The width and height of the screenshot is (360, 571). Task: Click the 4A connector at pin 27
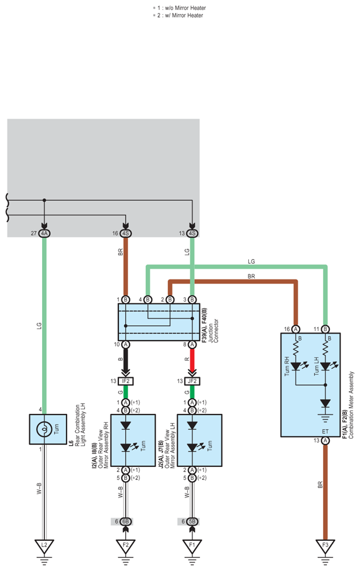pos(44,233)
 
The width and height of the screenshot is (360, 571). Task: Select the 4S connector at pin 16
pos(125,233)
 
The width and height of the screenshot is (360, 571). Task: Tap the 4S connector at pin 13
pos(192,233)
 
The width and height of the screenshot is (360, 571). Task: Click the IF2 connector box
pos(126,381)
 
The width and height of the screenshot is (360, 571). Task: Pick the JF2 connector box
pos(192,381)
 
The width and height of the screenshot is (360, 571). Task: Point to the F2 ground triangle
pos(125,545)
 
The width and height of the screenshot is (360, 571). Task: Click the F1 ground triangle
pos(192,545)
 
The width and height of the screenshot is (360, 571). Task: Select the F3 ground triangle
pos(325,545)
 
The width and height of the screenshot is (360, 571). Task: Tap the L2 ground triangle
pos(44,545)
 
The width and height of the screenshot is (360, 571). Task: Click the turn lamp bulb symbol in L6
pos(44,429)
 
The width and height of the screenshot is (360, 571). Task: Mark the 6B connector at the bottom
pos(125,521)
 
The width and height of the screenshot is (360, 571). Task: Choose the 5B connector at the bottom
pos(192,521)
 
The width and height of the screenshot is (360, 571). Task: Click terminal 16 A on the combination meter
pos(296,329)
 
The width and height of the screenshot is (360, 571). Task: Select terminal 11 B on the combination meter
pos(325,329)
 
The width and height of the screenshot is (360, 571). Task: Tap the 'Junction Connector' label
pos(213,331)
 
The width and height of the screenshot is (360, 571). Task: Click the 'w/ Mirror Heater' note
pos(184,15)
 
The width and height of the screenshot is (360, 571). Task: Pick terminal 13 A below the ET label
pos(325,441)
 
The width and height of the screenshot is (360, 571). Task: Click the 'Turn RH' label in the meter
pos(287,366)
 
